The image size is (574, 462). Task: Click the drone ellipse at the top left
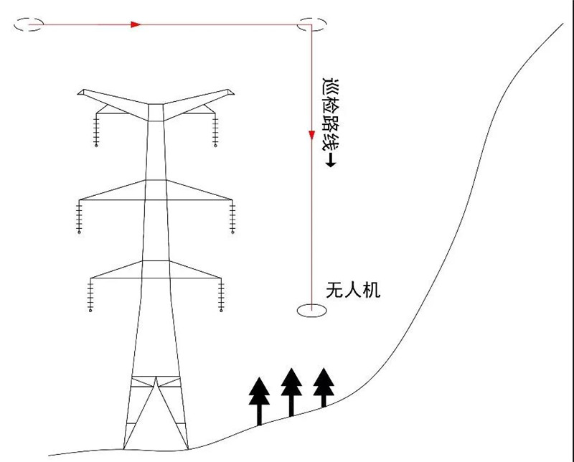point(28,24)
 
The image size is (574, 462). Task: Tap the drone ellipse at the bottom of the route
point(311,311)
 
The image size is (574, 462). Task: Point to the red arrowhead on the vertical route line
point(311,135)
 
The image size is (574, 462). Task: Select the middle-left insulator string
point(78,218)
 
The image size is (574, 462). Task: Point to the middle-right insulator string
point(233,218)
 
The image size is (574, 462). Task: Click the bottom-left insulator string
point(90,296)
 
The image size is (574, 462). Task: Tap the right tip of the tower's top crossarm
point(231,92)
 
